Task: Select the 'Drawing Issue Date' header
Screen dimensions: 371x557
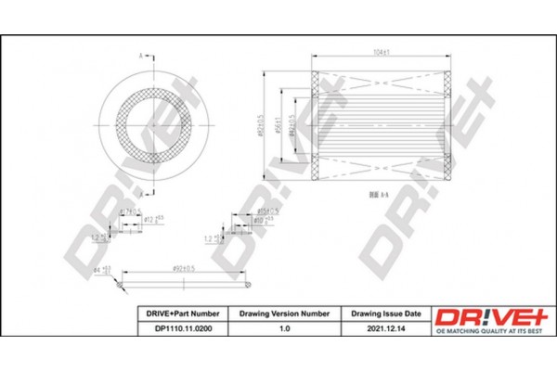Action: pyautogui.click(x=386, y=313)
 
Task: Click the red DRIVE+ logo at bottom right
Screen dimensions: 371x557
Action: pyautogui.click(x=486, y=318)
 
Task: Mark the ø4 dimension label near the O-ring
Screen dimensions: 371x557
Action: pyautogui.click(x=104, y=268)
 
